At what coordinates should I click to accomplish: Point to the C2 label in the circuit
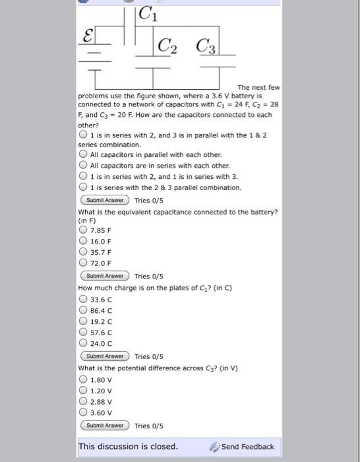click(x=167, y=46)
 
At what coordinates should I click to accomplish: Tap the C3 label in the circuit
click(x=205, y=46)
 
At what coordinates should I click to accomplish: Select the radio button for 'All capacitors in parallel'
click(x=84, y=154)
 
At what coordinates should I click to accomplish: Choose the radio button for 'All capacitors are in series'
click(x=84, y=165)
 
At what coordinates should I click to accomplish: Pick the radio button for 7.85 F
click(x=84, y=230)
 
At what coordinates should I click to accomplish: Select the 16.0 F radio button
click(x=84, y=242)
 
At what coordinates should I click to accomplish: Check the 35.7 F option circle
click(x=84, y=252)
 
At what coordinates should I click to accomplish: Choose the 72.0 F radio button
click(x=84, y=263)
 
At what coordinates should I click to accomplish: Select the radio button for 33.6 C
click(x=84, y=300)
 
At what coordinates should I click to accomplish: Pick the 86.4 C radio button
click(x=84, y=310)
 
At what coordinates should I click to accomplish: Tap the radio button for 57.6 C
click(x=84, y=332)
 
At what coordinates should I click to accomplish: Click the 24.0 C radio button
click(x=84, y=343)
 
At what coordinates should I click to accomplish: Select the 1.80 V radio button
click(x=84, y=379)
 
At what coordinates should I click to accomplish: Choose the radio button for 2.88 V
click(x=84, y=401)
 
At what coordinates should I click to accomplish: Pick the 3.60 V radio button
click(x=84, y=412)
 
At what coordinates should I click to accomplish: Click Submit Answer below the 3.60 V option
click(x=105, y=426)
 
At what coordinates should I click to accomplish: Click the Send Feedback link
click(x=241, y=447)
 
